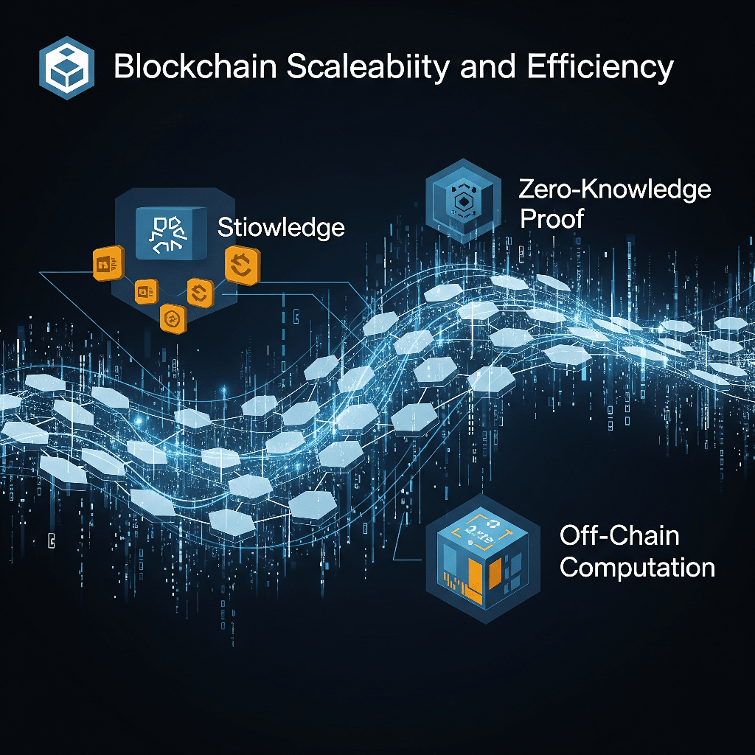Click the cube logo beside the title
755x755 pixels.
[66, 66]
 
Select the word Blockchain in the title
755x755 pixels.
[195, 67]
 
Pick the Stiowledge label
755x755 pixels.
[281, 227]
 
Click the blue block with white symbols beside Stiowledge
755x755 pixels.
[170, 234]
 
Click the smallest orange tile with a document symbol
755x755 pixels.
[145, 292]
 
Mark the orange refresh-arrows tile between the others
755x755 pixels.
[200, 292]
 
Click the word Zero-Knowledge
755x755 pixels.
[615, 189]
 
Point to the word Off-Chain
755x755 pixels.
[619, 535]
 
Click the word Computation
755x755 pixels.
[637, 568]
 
